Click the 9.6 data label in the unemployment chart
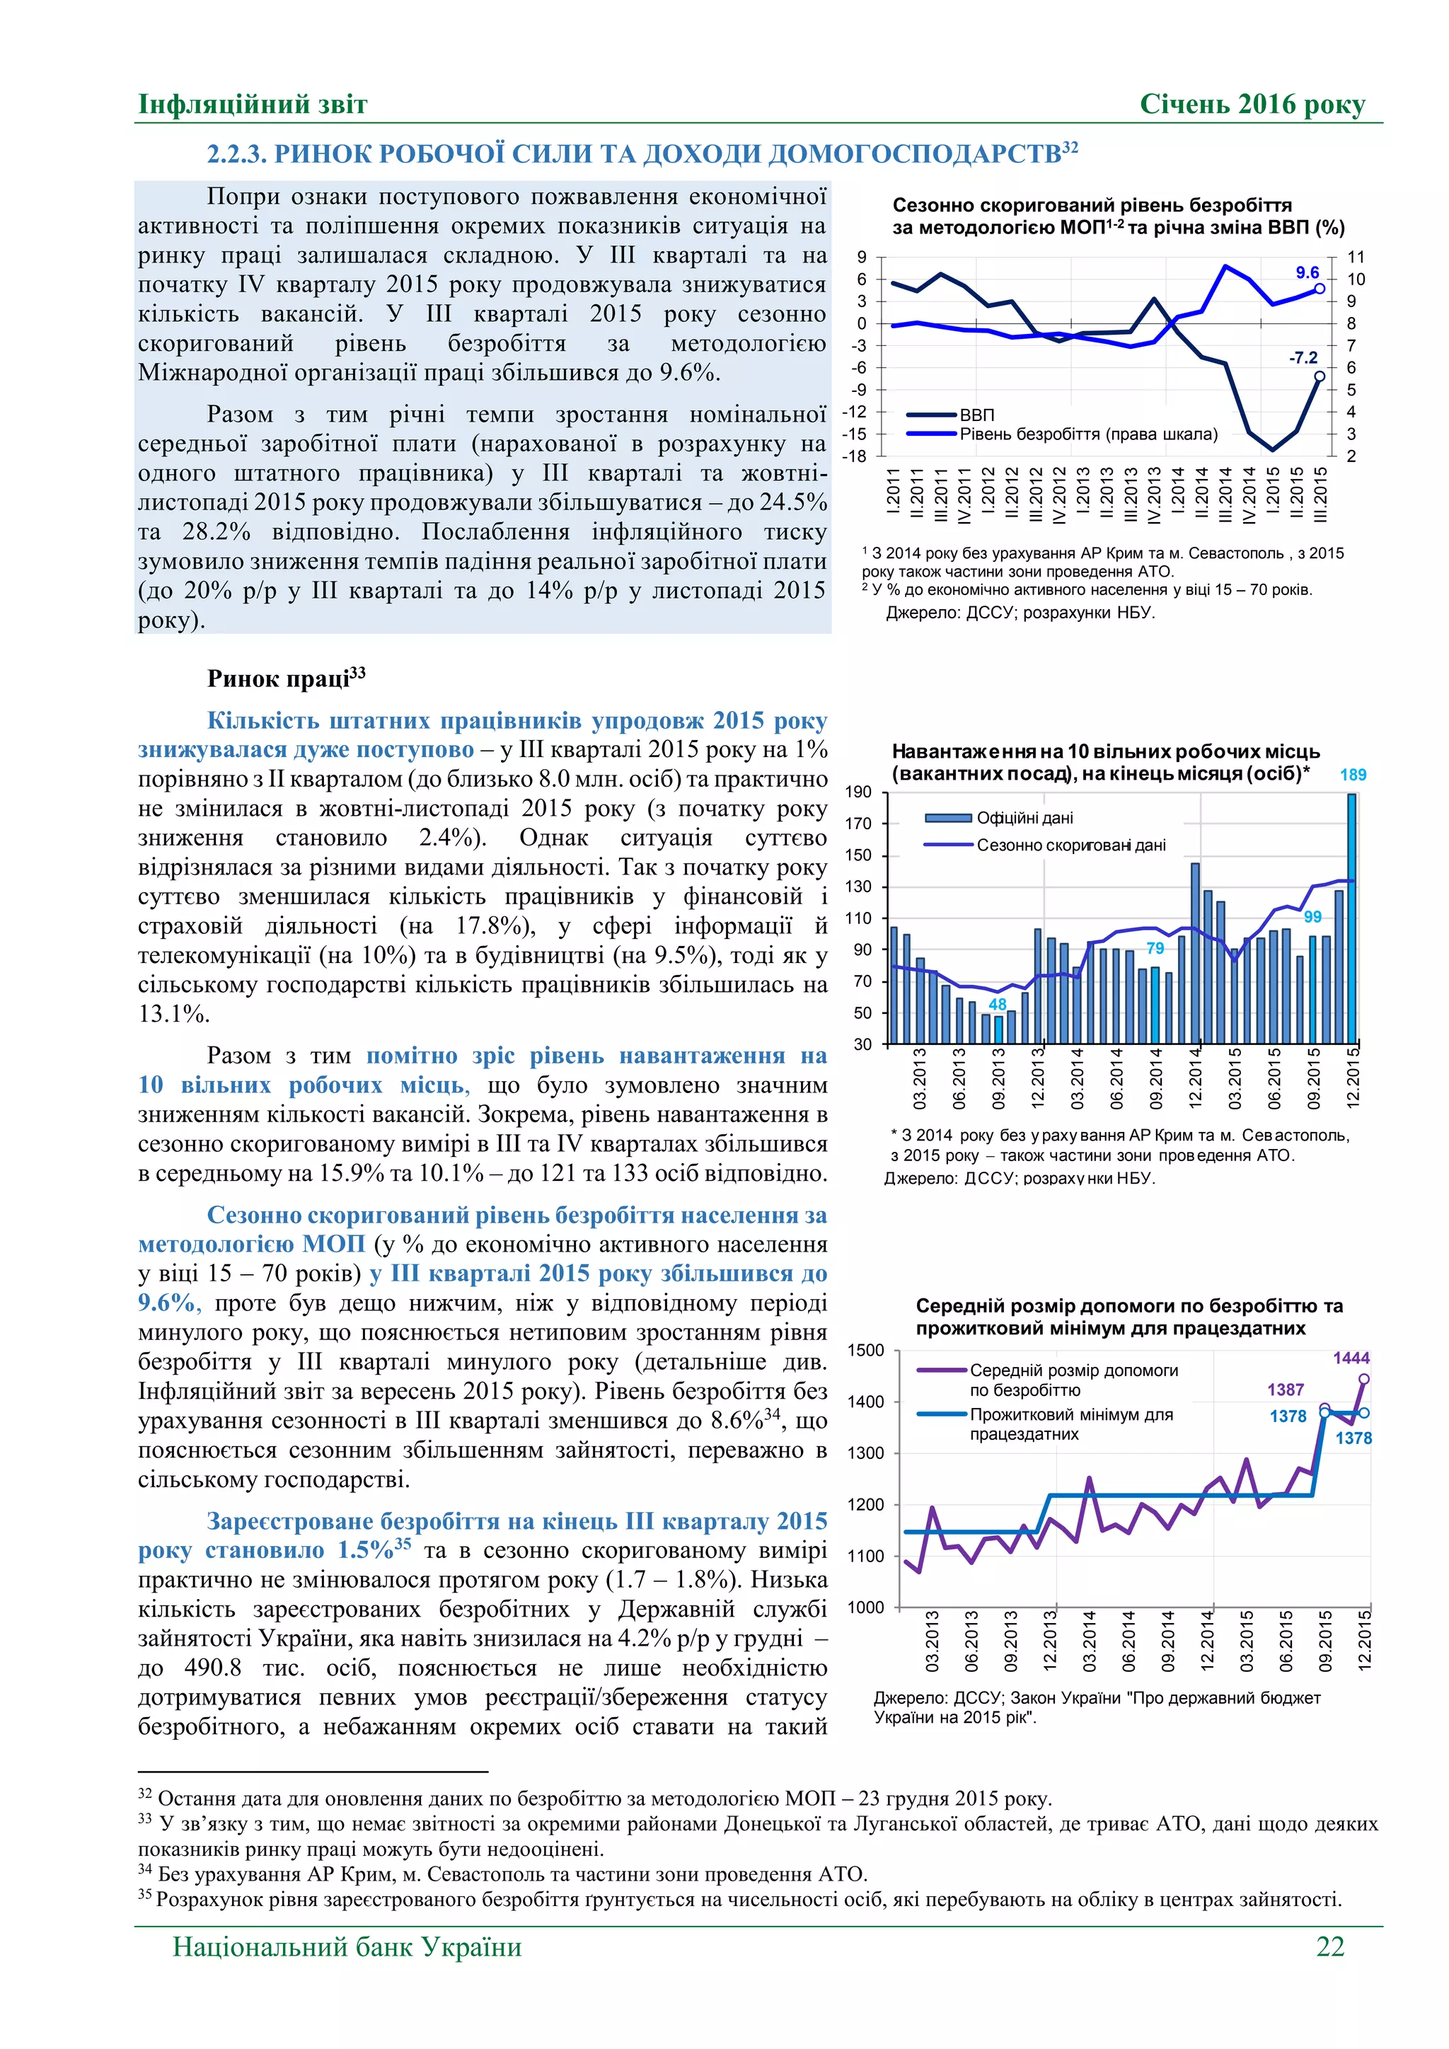tap(1307, 272)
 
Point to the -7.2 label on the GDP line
tap(1303, 358)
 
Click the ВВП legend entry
tap(976, 415)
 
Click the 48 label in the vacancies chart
tap(998, 1005)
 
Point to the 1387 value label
tap(1286, 1390)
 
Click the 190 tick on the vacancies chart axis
tap(858, 792)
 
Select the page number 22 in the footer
tap(1329, 1946)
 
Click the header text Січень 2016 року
tap(1252, 105)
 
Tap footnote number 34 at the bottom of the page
tap(144, 1869)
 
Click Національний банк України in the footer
tap(347, 1946)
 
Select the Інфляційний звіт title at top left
tap(253, 105)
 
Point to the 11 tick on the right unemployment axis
tap(1356, 257)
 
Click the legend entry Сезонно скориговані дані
tap(1070, 845)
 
